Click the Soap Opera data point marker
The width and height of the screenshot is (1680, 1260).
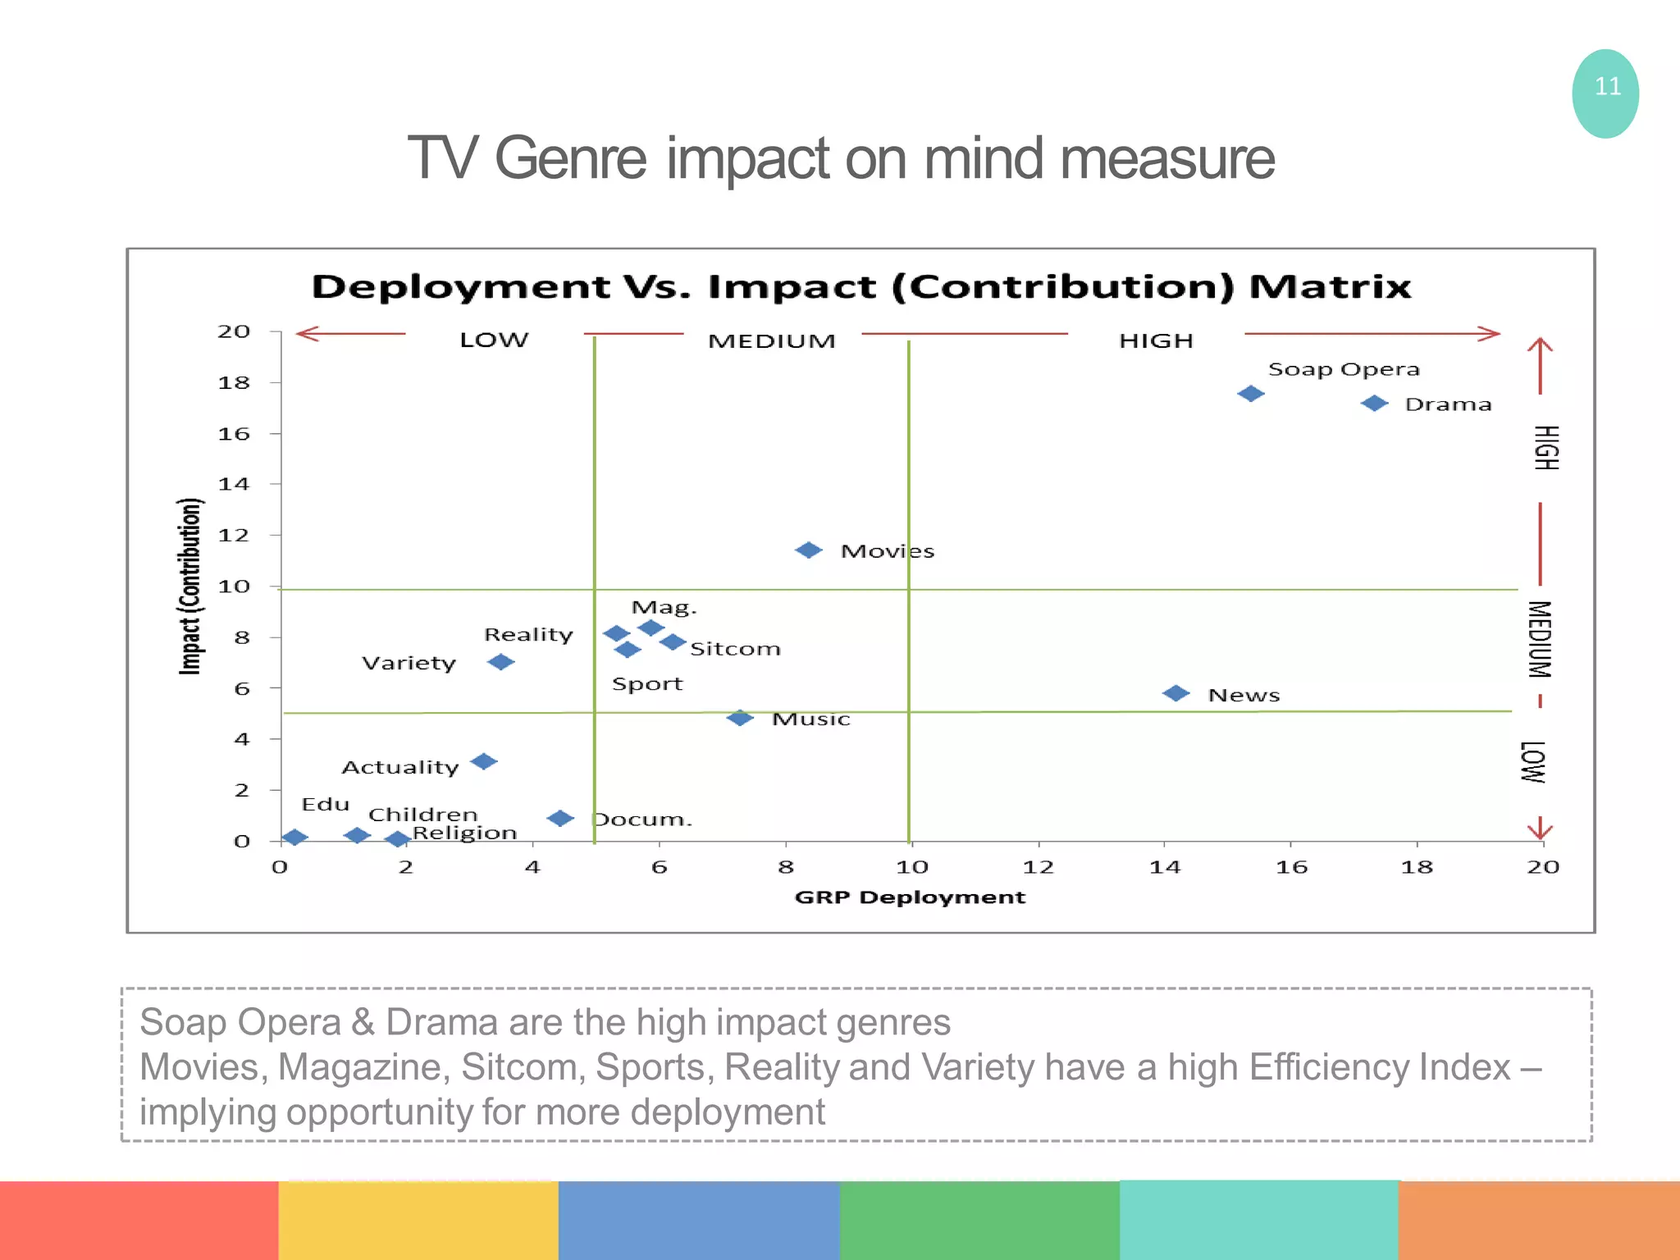[x=1250, y=394]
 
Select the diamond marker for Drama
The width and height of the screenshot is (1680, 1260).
[x=1374, y=404]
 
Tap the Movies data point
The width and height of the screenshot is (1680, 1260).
[x=809, y=550]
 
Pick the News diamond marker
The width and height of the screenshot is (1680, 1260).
[x=1176, y=694]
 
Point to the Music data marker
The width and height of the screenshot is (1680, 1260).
[x=740, y=718]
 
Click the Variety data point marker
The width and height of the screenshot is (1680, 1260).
[x=500, y=662]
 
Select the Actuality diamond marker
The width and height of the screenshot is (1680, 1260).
[x=483, y=762]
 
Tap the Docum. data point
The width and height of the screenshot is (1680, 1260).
[x=560, y=819]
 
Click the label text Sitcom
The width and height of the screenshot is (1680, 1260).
[x=735, y=649]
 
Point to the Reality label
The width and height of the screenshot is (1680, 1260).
[x=528, y=635]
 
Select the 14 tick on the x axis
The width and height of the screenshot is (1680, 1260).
[x=1164, y=867]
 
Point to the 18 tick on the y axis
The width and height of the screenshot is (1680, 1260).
[x=234, y=383]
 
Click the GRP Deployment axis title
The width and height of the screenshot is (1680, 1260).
[x=910, y=897]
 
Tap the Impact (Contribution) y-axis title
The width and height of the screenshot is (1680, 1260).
[x=190, y=587]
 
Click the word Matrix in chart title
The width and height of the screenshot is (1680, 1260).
[x=1330, y=287]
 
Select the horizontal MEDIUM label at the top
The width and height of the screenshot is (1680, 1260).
[x=771, y=340]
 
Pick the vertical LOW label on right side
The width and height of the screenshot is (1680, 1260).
[x=1532, y=762]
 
